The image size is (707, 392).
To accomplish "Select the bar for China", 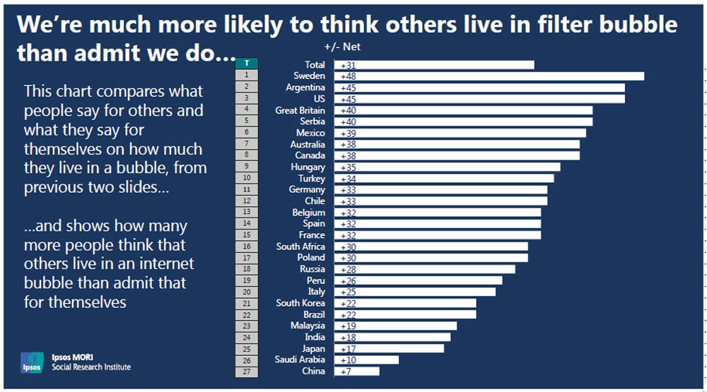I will (357, 371).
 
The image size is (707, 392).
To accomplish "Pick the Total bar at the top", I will (434, 65).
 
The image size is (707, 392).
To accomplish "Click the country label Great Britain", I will (300, 110).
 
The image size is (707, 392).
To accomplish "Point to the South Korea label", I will (300, 303).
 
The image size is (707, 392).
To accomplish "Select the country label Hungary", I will (308, 167).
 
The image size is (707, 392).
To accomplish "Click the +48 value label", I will (348, 76).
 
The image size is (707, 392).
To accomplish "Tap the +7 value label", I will (346, 371).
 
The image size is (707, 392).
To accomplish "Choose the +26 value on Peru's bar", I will (348, 280).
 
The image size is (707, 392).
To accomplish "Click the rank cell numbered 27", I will (246, 371).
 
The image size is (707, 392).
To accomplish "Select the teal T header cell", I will (246, 64).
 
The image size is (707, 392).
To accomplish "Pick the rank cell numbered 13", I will (246, 212).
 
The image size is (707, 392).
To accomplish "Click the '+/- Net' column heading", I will (342, 47).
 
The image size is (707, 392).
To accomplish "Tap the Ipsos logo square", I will (32, 362).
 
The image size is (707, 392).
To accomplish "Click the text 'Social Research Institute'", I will (91, 367).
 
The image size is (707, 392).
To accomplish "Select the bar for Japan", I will (389, 348).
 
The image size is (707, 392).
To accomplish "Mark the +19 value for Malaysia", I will (348, 326).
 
